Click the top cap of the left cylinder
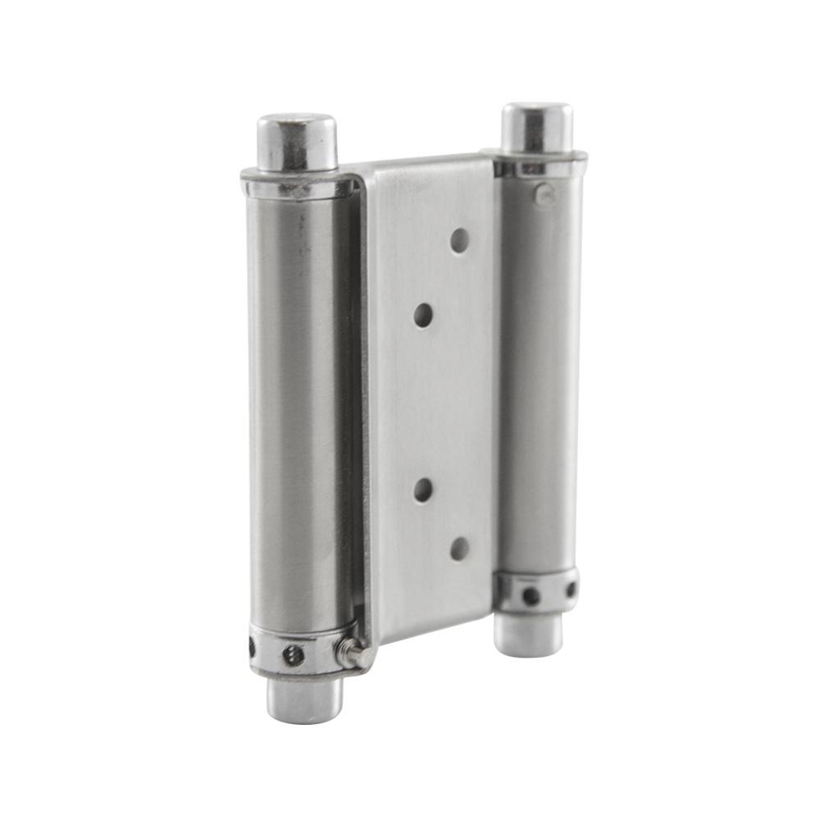[297, 141]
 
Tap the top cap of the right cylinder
[537, 126]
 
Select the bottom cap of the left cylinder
[303, 701]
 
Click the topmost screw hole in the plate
[460, 239]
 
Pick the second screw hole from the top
[424, 315]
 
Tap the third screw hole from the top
[423, 490]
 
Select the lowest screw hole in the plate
[460, 549]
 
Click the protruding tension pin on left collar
[351, 654]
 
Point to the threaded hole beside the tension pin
[293, 654]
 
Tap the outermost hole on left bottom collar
[252, 649]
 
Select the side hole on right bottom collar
[571, 588]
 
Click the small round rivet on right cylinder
[543, 194]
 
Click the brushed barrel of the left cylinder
[295, 410]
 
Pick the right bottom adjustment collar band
[537, 593]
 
